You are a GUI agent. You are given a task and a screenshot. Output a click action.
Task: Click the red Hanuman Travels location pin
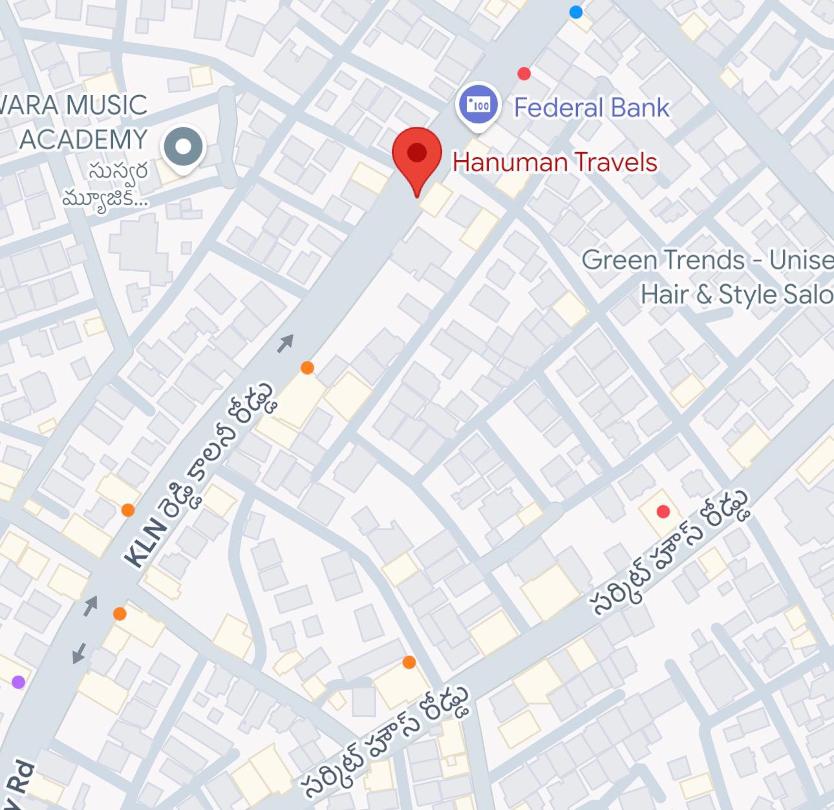(x=417, y=155)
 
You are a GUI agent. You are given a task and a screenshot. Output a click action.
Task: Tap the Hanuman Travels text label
(x=555, y=162)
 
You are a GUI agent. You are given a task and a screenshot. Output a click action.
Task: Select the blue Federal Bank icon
(x=478, y=105)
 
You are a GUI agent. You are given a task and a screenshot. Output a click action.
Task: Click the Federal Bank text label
(x=591, y=108)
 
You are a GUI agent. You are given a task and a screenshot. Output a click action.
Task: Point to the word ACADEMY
(x=83, y=140)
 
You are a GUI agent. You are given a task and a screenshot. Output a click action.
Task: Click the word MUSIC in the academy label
(x=107, y=105)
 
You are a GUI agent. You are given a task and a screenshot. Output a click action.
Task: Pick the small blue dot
(x=575, y=12)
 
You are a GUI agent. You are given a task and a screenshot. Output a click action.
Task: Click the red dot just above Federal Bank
(x=524, y=74)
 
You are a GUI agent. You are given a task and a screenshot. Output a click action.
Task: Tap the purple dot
(x=18, y=682)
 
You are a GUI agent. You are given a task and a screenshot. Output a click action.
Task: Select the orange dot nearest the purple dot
(x=120, y=614)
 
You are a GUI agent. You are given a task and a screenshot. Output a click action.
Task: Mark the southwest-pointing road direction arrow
(x=79, y=653)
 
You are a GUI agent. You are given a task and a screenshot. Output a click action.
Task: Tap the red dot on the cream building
(x=663, y=512)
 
